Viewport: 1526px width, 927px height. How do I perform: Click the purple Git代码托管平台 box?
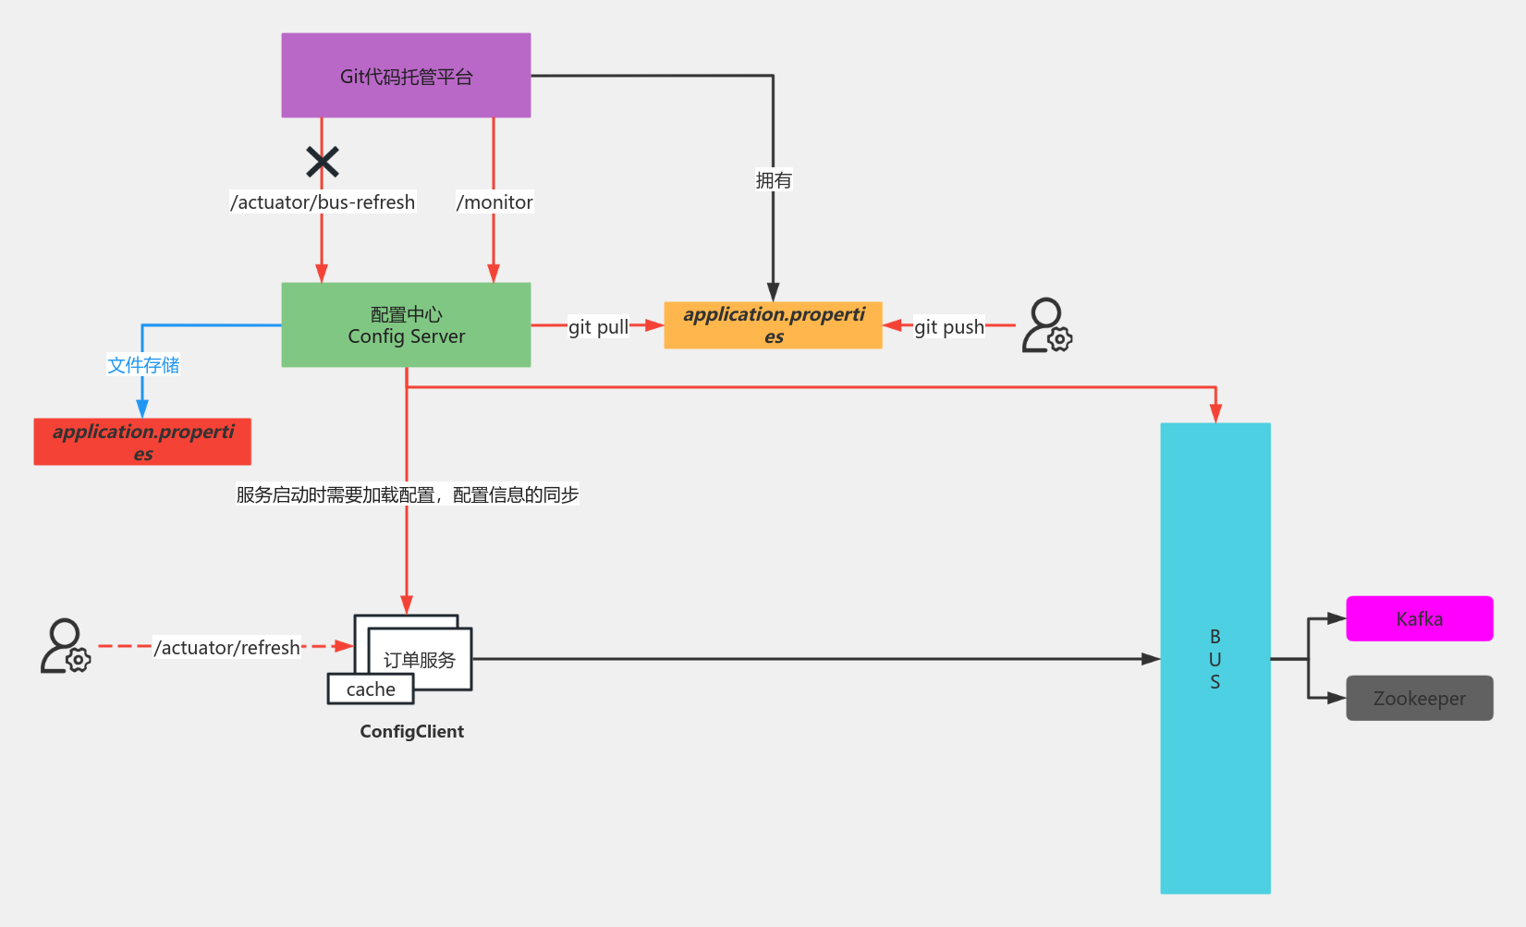coord(406,76)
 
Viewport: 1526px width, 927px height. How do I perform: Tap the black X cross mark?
coord(323,162)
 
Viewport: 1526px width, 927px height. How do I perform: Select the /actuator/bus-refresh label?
coord(323,202)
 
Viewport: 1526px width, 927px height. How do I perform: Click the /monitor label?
coord(494,202)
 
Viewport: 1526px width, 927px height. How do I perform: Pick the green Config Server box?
coord(406,325)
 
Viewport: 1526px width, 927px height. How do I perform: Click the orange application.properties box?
coord(773,325)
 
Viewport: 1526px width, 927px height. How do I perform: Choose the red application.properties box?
coord(142,442)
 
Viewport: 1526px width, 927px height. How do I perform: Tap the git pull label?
coord(598,327)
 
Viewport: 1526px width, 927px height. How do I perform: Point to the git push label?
coord(949,327)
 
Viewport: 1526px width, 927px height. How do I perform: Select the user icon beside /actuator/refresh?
coord(65,646)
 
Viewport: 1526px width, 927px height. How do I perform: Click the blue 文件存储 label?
coord(143,365)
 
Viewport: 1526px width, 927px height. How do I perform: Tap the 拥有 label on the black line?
coord(774,180)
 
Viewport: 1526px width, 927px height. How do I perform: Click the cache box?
coord(371,689)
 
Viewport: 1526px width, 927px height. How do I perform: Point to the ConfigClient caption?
coord(411,731)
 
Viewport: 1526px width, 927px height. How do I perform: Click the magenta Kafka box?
coord(1419,618)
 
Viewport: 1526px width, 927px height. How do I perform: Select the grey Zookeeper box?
coord(1419,698)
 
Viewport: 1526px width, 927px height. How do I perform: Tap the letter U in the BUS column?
coord(1215,659)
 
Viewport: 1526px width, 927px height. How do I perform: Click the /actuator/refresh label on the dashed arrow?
coord(227,648)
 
